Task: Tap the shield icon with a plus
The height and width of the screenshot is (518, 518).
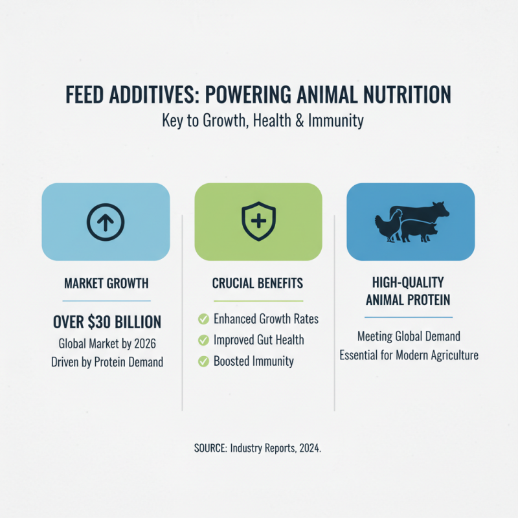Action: coord(258,221)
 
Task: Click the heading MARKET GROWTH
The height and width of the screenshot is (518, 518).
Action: coord(106,284)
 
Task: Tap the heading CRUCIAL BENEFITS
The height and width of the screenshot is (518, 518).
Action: coord(258,284)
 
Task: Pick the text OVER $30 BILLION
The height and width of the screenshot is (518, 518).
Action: coord(107,322)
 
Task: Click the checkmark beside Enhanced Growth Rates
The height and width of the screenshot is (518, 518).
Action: coord(203,319)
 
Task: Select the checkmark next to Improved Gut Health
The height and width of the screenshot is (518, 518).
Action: coord(203,340)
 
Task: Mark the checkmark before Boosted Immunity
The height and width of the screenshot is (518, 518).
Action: coord(203,361)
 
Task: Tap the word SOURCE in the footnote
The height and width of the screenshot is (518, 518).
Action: coord(210,448)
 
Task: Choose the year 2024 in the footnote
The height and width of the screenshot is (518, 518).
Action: coord(307,448)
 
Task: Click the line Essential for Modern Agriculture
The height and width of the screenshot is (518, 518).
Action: coord(409,355)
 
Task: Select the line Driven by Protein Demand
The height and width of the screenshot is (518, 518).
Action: coord(107,363)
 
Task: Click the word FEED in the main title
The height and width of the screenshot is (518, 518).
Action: coord(85,95)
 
